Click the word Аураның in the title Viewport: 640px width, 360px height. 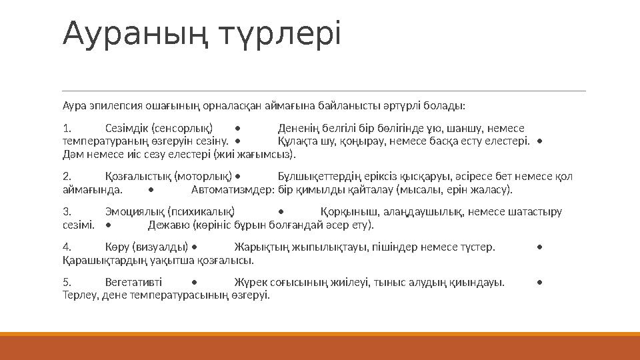(128, 35)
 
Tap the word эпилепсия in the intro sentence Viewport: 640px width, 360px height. (106, 106)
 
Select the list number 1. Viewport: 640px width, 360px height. (65, 129)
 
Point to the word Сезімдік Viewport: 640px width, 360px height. (127, 129)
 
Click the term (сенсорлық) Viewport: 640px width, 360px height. (182, 129)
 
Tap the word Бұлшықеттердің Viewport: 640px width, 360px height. (318, 177)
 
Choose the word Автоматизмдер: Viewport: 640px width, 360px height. (233, 190)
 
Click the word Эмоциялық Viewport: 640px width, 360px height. (131, 213)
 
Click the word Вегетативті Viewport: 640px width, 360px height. (133, 283)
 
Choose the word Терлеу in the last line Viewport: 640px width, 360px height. (79, 295)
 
